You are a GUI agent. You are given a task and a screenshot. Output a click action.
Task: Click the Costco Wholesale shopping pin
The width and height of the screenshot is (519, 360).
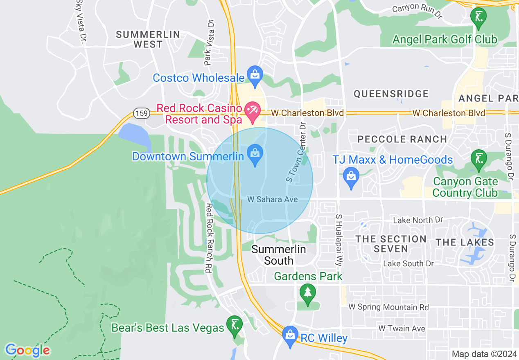click(x=255, y=75)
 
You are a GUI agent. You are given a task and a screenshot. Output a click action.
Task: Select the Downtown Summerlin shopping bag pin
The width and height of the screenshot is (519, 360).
click(x=255, y=155)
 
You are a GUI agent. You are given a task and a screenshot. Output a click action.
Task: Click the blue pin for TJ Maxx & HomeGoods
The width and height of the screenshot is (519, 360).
click(x=351, y=177)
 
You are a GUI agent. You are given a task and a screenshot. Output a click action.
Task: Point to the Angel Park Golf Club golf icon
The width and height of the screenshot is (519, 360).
click(x=478, y=18)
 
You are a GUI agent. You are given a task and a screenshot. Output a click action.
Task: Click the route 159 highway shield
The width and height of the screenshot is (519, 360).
click(x=141, y=113)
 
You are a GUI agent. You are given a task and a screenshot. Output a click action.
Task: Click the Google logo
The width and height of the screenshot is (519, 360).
click(x=28, y=350)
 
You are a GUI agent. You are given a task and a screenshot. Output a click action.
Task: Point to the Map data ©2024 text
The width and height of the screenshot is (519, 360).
click(x=484, y=354)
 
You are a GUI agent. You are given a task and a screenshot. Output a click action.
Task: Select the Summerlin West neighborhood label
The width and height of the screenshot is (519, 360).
click(x=148, y=39)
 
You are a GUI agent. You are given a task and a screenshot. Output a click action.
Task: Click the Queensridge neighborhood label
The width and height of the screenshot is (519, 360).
click(x=391, y=94)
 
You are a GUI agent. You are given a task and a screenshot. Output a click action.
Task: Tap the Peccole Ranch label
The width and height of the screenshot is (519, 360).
click(x=402, y=139)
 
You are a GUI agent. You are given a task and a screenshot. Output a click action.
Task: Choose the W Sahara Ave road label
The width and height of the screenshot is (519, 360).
click(x=272, y=199)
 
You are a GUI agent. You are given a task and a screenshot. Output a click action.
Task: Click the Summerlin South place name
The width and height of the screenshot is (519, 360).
click(x=279, y=254)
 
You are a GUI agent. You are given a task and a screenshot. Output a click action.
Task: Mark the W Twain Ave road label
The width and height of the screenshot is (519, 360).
click(x=402, y=328)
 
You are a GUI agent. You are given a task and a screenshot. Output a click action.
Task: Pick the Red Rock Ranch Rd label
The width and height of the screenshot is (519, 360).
click(x=208, y=238)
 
